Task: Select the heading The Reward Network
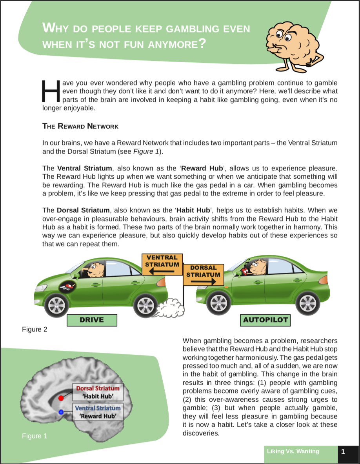(80, 126)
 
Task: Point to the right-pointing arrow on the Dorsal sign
(203, 282)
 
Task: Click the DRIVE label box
(92, 320)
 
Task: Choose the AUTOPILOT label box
(265, 320)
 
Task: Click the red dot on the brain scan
(61, 398)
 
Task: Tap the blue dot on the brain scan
(61, 412)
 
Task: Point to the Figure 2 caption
(35, 330)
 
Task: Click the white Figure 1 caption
(35, 436)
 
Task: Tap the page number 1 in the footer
(343, 451)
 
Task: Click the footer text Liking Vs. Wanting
(293, 451)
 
